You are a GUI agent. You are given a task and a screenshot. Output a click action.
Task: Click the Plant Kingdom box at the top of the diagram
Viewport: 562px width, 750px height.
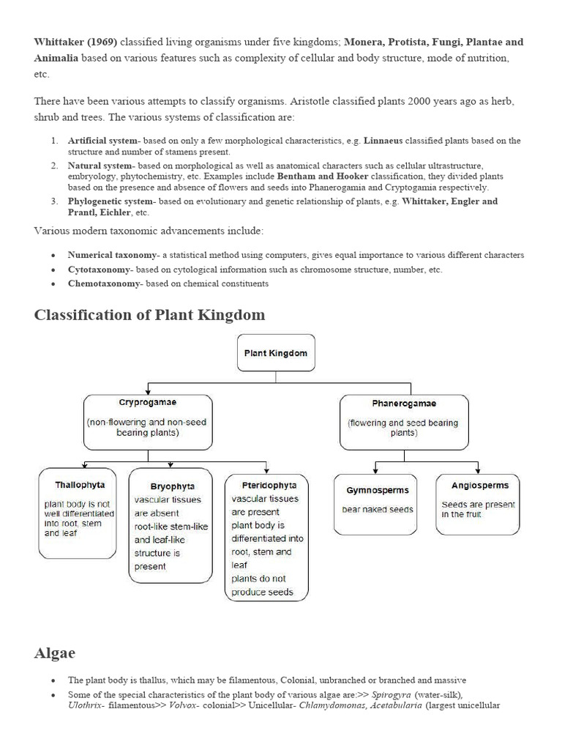(275, 353)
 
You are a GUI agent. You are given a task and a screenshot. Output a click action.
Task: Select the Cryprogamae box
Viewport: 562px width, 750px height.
(148, 422)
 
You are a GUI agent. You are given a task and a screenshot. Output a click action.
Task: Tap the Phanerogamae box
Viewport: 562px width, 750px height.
(404, 422)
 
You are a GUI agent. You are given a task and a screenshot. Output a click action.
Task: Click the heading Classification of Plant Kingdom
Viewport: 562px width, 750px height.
(149, 315)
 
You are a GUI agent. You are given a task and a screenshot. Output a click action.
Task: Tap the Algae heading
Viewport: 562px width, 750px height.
(54, 653)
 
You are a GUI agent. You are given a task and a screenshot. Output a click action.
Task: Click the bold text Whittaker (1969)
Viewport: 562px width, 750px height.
(75, 42)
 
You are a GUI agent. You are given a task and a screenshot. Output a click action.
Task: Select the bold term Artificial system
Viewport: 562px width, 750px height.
(102, 141)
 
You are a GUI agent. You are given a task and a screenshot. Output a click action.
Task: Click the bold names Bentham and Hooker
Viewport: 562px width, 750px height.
(322, 177)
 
